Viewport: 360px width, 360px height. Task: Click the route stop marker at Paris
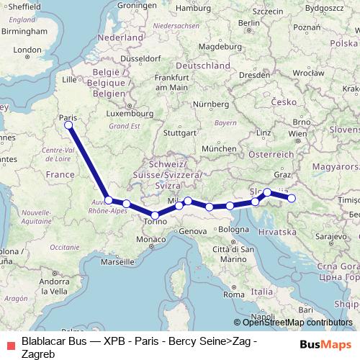pyautogui.click(x=68, y=125)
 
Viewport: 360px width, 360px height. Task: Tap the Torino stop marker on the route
pyautogui.click(x=155, y=215)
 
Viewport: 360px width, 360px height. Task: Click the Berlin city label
pyautogui.click(x=248, y=22)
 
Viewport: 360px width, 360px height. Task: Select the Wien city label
pyautogui.click(x=297, y=134)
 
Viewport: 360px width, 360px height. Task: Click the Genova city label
pyautogui.click(x=192, y=231)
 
